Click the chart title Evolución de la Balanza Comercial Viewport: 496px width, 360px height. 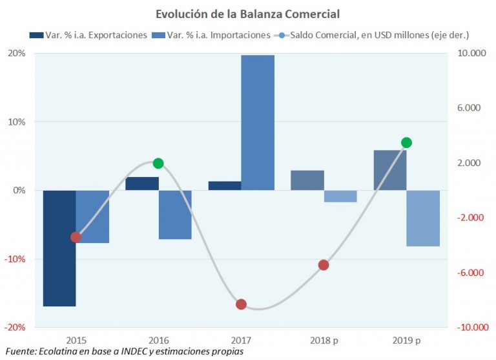(x=247, y=13)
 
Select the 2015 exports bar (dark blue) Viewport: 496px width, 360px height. (x=59, y=248)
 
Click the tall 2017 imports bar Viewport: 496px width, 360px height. (x=258, y=123)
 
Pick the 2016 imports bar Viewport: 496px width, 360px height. (x=175, y=215)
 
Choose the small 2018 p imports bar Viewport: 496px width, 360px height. (x=340, y=196)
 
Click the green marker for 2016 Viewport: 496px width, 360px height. (x=158, y=164)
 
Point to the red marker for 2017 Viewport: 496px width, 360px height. (x=241, y=304)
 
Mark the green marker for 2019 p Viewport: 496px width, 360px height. (x=406, y=143)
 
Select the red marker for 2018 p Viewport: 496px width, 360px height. (x=324, y=265)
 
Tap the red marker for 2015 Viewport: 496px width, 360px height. (x=76, y=237)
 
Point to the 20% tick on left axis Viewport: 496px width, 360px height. (x=17, y=54)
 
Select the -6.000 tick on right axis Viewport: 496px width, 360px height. (x=470, y=273)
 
